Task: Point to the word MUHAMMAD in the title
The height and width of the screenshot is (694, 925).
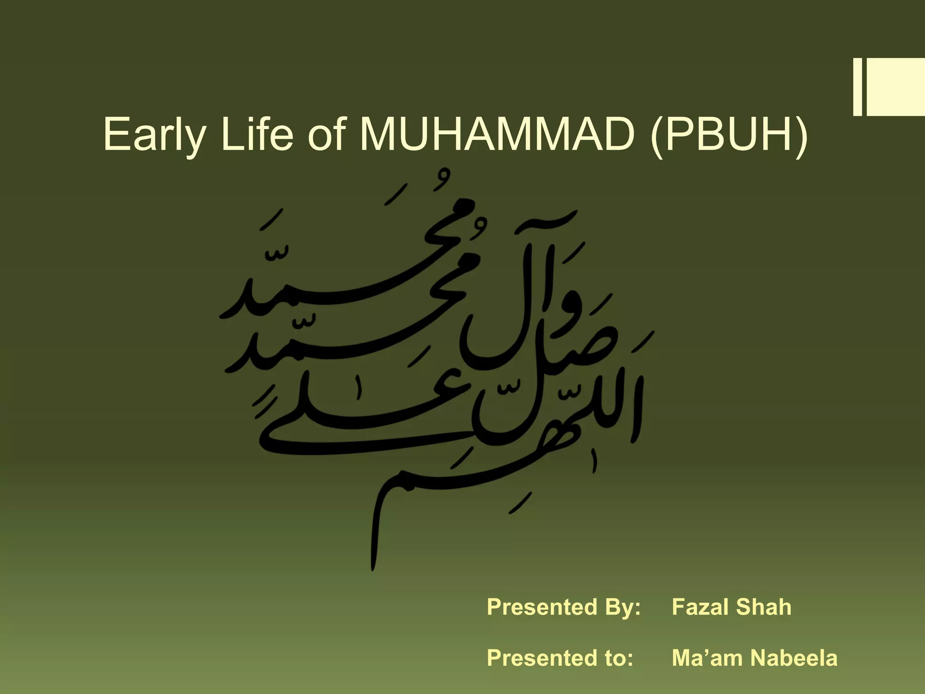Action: click(495, 134)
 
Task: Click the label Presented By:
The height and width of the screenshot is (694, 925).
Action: click(564, 607)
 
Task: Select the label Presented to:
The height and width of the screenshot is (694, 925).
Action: click(560, 658)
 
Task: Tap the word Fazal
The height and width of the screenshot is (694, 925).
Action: click(700, 607)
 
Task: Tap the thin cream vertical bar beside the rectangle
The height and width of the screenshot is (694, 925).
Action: click(857, 87)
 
